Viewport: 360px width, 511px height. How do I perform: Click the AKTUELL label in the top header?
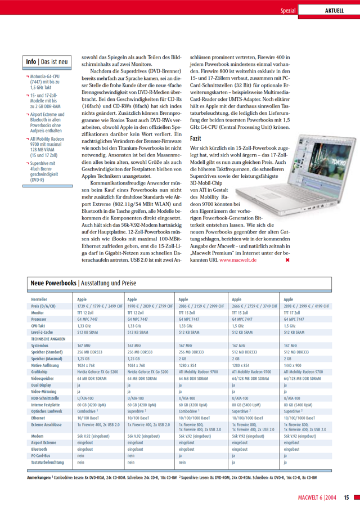[334, 11]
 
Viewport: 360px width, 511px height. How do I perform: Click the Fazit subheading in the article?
[196, 138]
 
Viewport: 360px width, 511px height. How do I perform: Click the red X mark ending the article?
[288, 260]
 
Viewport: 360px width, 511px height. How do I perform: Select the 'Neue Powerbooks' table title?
[53, 283]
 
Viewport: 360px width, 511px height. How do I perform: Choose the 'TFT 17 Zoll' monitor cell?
[292, 312]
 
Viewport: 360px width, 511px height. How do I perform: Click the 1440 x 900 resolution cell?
[294, 366]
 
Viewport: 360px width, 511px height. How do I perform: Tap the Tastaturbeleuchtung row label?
[48, 462]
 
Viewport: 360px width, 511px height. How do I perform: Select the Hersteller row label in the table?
[39, 299]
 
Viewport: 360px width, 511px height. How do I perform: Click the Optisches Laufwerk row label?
[47, 412]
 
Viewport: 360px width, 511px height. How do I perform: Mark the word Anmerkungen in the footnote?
[39, 477]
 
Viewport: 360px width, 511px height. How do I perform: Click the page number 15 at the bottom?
[346, 497]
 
